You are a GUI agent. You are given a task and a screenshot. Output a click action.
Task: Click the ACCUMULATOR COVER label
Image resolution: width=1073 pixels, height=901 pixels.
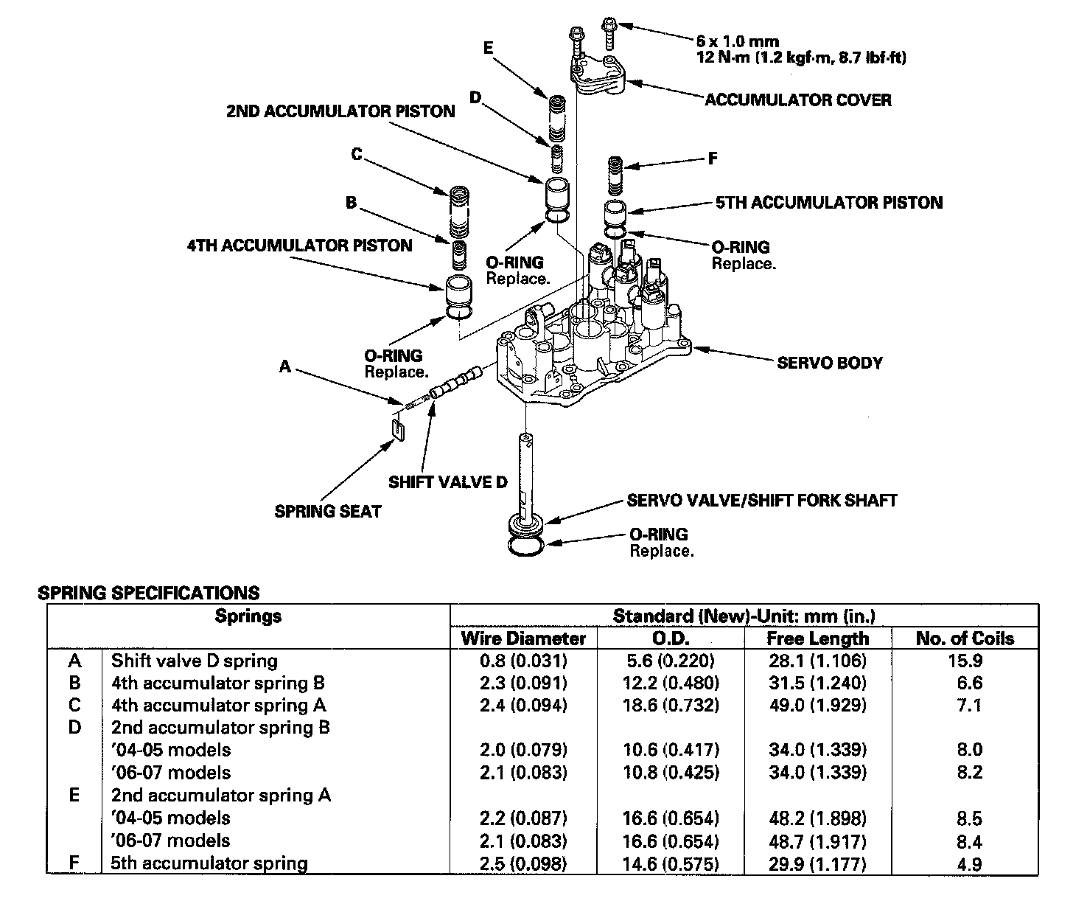click(x=798, y=100)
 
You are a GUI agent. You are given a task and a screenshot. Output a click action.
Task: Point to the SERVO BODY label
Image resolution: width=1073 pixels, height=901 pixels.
click(x=829, y=363)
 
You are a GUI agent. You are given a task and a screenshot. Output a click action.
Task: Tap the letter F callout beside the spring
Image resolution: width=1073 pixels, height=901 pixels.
click(x=712, y=159)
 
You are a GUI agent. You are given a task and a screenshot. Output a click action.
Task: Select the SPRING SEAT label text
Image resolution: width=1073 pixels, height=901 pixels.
click(x=328, y=511)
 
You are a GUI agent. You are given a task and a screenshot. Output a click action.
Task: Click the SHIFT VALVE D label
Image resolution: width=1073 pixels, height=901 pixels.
click(x=448, y=482)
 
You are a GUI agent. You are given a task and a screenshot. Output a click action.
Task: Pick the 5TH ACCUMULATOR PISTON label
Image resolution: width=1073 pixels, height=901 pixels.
click(x=829, y=202)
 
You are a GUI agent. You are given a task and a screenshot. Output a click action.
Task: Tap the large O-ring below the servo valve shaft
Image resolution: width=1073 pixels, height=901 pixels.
click(x=526, y=546)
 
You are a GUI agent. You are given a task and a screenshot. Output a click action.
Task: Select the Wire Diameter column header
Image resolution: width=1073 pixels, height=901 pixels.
click(x=523, y=638)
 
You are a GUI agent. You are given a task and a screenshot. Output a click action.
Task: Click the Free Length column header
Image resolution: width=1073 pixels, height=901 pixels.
click(x=818, y=638)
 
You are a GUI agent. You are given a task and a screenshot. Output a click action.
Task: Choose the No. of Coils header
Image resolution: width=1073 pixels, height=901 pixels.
click(x=965, y=638)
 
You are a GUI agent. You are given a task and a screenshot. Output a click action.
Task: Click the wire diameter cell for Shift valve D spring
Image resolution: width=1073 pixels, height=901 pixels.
click(x=523, y=661)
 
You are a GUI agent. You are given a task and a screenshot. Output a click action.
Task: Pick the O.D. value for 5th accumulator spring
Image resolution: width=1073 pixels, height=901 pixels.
click(x=671, y=863)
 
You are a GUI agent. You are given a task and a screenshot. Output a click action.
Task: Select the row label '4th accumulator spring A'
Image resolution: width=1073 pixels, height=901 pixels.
click(x=218, y=706)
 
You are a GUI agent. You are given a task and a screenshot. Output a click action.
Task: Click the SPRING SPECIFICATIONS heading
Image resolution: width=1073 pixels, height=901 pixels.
click(x=149, y=593)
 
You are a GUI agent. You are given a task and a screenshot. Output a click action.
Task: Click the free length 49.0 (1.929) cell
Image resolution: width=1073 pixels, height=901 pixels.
click(x=818, y=706)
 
